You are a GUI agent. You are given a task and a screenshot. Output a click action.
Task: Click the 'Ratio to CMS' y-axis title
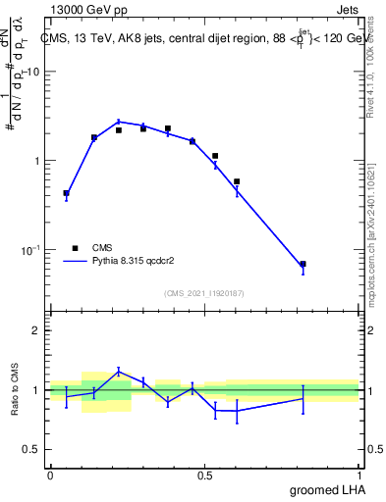point(16,389)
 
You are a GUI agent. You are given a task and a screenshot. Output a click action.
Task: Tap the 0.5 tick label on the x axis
point(204,475)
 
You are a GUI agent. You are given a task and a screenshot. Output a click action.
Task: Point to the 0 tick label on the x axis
point(50,475)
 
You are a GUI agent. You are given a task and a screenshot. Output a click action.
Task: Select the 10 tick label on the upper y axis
point(33,73)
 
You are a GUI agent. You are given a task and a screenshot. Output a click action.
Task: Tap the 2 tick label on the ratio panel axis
point(36,330)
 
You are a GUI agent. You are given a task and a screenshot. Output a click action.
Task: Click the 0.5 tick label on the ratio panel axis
point(31,449)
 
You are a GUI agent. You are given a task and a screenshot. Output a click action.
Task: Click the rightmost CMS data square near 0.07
point(303,264)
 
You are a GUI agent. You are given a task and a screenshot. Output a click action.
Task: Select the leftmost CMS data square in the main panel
point(66,193)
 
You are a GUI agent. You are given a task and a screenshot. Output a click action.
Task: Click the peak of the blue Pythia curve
point(119,122)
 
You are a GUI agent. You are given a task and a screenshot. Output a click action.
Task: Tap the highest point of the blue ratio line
point(119,371)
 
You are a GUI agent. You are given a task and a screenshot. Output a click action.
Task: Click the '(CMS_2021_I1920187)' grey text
point(203,293)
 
